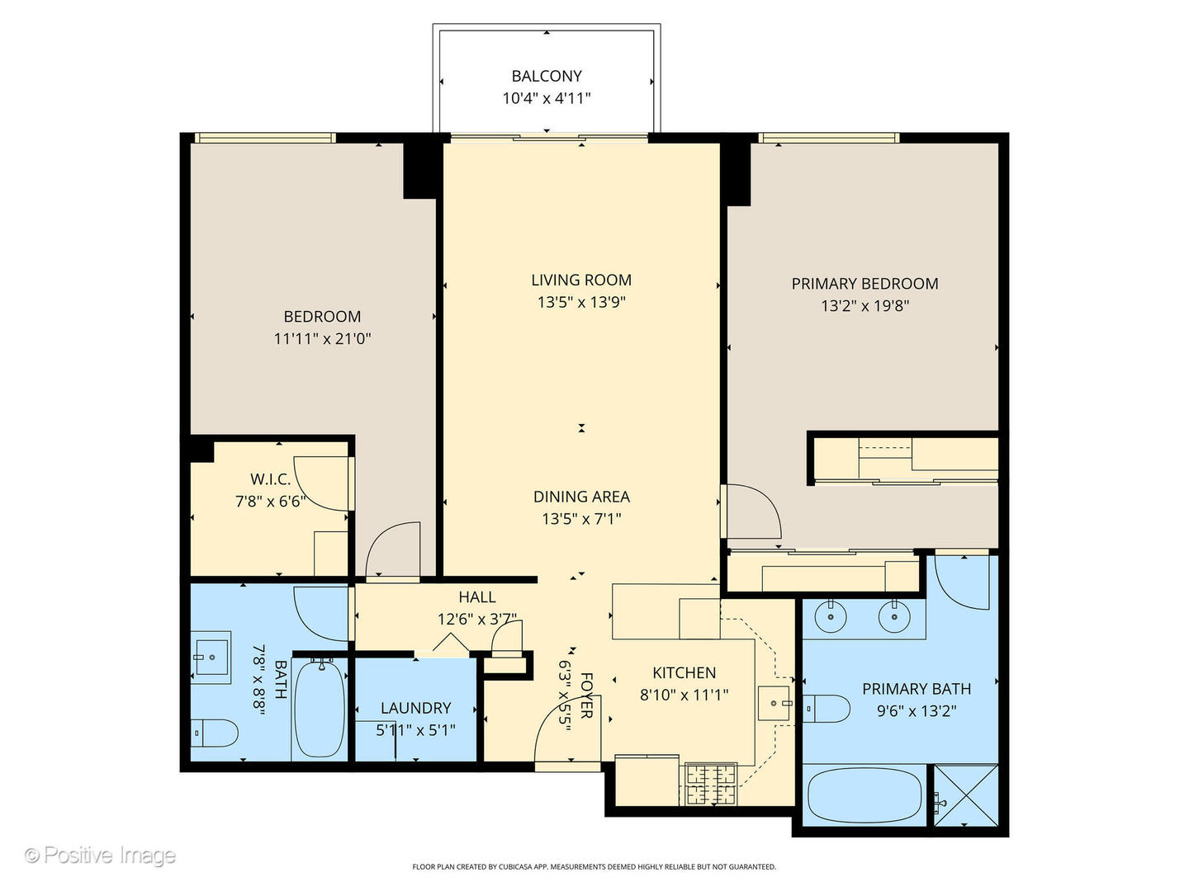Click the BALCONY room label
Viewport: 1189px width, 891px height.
(546, 76)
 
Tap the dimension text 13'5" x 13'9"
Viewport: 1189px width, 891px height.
(581, 302)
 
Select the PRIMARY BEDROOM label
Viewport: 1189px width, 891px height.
(865, 284)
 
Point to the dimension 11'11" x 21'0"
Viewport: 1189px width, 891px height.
(322, 338)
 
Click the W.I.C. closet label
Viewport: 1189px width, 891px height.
(270, 479)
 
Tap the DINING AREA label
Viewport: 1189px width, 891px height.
(581, 497)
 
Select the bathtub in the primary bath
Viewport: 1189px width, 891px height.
(864, 795)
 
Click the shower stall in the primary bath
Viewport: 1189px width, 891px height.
(964, 795)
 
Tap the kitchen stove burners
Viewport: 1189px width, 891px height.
(710, 784)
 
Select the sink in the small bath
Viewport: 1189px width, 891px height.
(212, 657)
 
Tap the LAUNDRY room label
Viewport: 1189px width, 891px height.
(415, 708)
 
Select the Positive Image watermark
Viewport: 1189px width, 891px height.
(100, 856)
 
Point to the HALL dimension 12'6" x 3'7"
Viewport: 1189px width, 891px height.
(476, 619)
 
